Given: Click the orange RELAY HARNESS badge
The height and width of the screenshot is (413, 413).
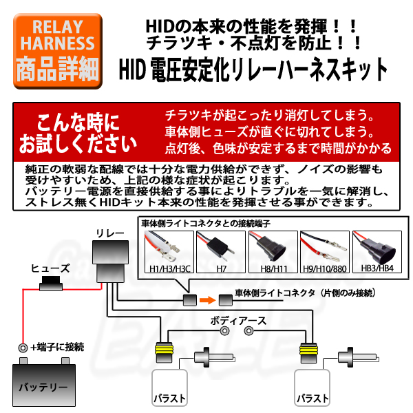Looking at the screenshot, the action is (58, 51).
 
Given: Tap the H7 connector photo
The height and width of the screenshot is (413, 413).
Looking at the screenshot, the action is (221, 252).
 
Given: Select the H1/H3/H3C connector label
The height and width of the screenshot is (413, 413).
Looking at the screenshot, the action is (169, 269).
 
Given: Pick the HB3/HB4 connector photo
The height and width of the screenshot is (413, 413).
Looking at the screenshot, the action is (377, 252).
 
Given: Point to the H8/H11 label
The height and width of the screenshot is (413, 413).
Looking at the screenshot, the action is (274, 269).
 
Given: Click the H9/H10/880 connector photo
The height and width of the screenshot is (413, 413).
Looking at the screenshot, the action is (325, 252).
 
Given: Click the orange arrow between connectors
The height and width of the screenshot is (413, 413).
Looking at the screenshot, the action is (208, 300).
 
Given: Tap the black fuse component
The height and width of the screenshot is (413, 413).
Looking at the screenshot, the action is (51, 284).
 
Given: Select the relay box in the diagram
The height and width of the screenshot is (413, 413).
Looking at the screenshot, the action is (110, 262).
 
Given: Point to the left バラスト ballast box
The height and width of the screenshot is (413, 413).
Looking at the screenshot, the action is (169, 388).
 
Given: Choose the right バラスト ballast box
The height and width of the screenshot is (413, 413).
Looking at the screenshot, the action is (312, 388).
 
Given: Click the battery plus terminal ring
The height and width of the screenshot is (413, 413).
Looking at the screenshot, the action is (23, 348).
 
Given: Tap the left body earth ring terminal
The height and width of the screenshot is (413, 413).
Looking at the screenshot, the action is (224, 331).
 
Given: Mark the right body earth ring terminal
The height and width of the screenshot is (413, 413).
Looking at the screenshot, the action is (248, 331).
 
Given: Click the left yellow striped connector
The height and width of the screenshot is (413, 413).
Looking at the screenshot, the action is (164, 352).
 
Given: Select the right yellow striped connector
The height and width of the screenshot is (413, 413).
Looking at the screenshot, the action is (308, 352).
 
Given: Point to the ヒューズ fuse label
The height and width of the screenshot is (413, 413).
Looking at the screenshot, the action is (50, 268).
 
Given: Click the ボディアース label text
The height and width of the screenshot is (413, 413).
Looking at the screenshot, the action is (238, 321).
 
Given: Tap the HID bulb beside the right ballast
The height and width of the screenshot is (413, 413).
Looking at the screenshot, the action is (359, 357).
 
